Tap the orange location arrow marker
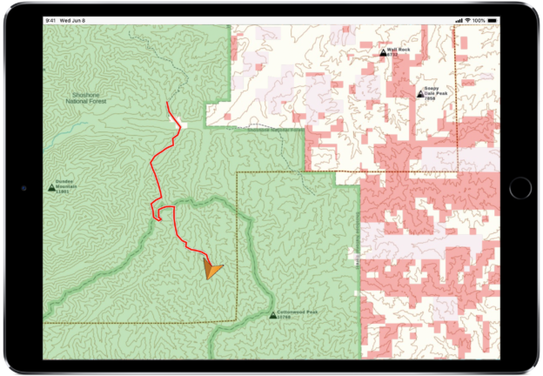(x=211, y=267)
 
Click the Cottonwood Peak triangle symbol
(x=272, y=313)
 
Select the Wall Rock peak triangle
(x=383, y=52)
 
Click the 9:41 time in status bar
(x=51, y=20)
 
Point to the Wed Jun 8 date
(x=75, y=20)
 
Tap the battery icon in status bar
(x=493, y=20)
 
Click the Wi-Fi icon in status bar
(x=468, y=20)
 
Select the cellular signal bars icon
(x=459, y=20)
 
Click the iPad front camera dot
(x=24, y=187)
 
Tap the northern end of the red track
(x=167, y=103)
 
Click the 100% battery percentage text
(x=480, y=20)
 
